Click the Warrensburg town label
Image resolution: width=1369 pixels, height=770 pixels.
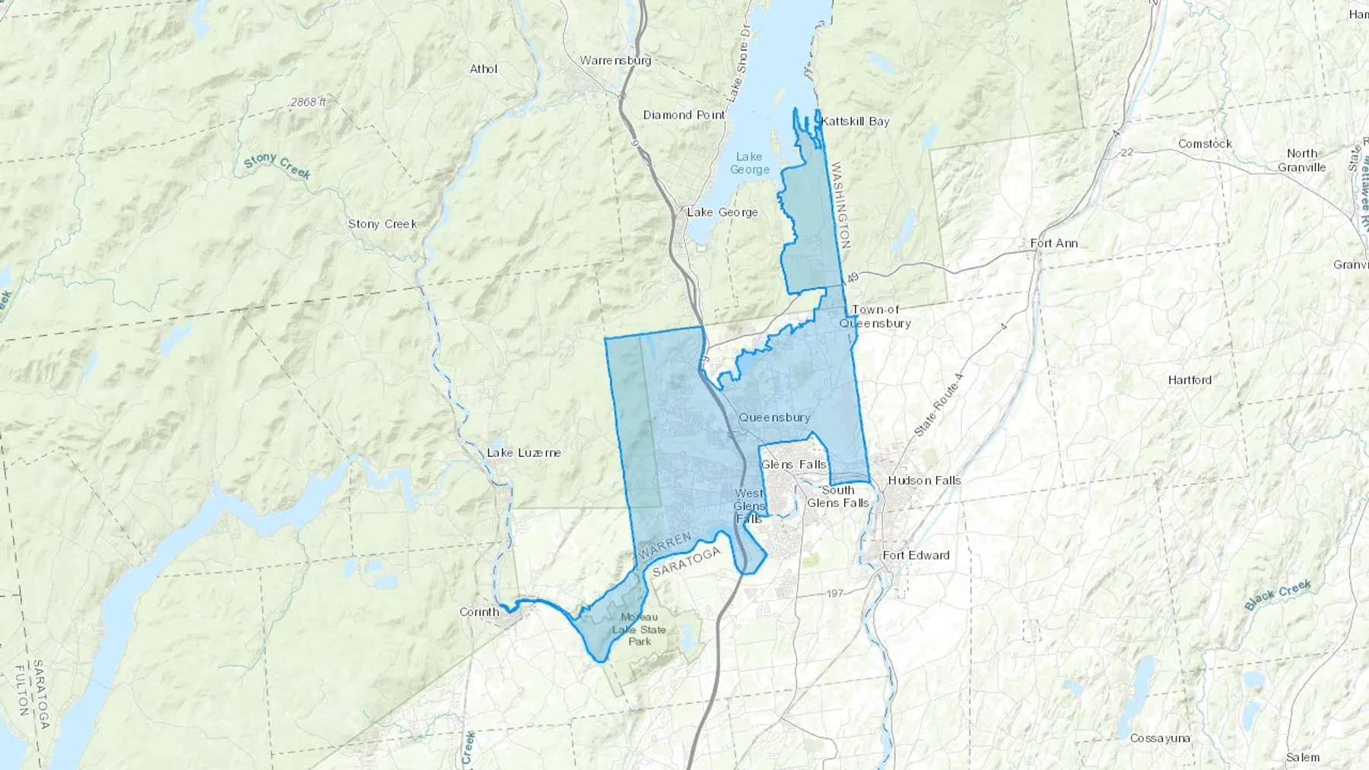coord(615,61)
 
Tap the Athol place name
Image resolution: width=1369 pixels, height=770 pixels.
coord(483,69)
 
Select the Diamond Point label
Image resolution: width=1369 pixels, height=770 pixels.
coord(684,115)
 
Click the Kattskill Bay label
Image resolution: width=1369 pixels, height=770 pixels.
coord(856,122)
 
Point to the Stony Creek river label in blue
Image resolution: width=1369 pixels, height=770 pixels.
coord(277,166)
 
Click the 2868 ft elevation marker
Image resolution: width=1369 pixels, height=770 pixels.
coord(308,102)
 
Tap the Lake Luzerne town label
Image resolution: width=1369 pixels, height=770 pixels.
coord(523,453)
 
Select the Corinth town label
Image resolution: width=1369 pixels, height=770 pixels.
coord(479,612)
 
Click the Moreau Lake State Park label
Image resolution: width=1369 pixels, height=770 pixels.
coord(639,629)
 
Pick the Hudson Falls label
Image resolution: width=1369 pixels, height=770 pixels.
coord(924,480)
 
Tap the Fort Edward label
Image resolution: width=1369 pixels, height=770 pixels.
coord(916,556)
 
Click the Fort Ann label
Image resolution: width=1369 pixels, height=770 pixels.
coord(1053,243)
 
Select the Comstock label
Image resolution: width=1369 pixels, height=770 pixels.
coord(1204,144)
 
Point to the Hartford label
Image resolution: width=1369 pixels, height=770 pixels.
coord(1190,380)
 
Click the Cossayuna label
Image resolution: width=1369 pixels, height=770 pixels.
coord(1160,738)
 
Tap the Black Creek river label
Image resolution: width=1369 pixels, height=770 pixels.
coord(1278,594)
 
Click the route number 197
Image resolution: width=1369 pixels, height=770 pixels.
coord(834,593)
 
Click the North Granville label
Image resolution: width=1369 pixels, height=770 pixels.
coord(1301,160)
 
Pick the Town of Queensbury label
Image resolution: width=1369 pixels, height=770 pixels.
coord(875,316)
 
